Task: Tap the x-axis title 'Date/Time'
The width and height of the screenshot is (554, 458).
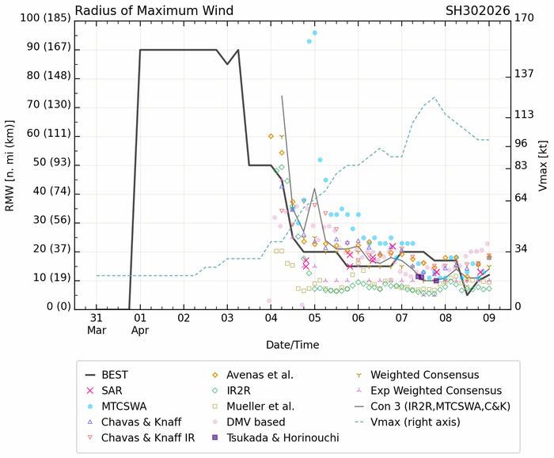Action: [x=293, y=346]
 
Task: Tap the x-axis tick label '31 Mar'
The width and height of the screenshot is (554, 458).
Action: [x=97, y=323]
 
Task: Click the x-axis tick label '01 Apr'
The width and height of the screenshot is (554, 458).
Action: [x=140, y=323]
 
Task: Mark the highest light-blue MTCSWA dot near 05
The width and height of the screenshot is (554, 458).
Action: [x=314, y=32]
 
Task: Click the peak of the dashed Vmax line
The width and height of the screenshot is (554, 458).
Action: [x=434, y=97]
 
